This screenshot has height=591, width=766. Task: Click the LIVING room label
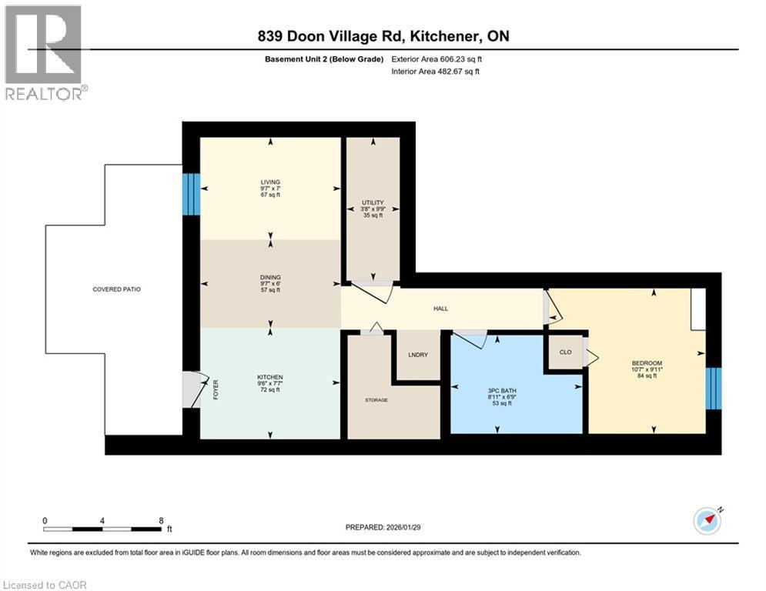pyautogui.click(x=269, y=182)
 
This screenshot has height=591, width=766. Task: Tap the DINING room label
pyautogui.click(x=269, y=277)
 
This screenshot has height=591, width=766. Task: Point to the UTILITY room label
pyautogui.click(x=373, y=203)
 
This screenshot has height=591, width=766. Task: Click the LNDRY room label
pyautogui.click(x=418, y=354)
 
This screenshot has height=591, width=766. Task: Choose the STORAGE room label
pyautogui.click(x=376, y=400)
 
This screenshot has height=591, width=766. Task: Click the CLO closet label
pyautogui.click(x=565, y=352)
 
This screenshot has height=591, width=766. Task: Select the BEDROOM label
pyautogui.click(x=647, y=363)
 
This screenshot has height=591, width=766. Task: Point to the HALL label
pyautogui.click(x=440, y=309)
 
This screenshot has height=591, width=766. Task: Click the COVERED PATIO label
pyautogui.click(x=116, y=289)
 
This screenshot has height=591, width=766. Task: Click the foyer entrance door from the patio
pyautogui.click(x=192, y=389)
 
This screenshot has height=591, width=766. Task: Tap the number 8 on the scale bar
pyautogui.click(x=160, y=520)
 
